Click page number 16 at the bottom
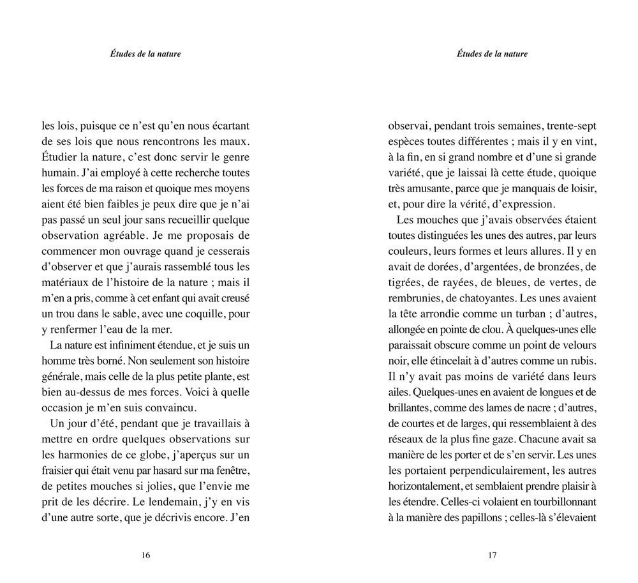click(145, 555)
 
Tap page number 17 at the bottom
click(492, 555)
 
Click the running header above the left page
click(145, 54)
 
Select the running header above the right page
click(492, 54)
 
